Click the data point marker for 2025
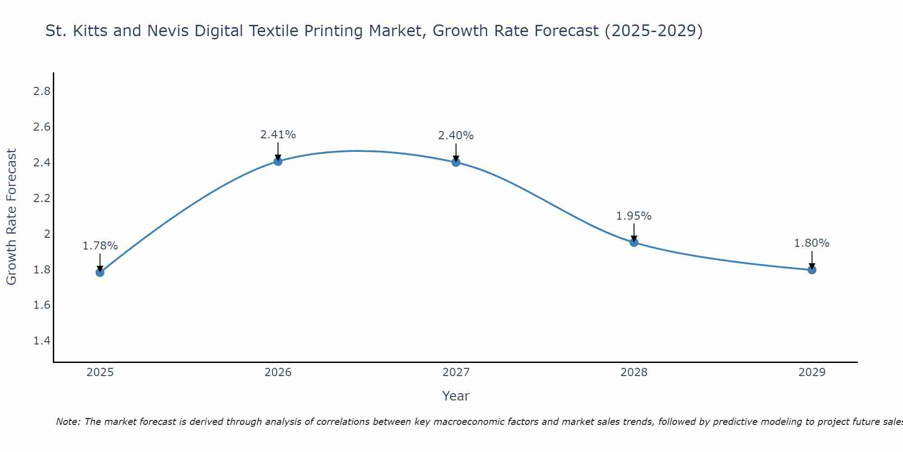(100, 272)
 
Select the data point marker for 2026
(278, 161)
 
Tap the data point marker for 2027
(456, 162)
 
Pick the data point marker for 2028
(634, 242)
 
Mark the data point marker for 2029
(812, 270)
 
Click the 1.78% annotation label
(100, 246)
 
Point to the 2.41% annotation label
(278, 135)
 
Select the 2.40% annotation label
(456, 136)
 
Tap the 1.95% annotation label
(634, 216)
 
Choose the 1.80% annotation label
(812, 243)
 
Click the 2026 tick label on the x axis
(278, 372)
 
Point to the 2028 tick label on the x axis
(634, 372)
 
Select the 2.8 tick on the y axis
(42, 91)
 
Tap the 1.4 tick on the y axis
(42, 341)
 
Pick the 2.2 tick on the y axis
(42, 198)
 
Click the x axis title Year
(456, 396)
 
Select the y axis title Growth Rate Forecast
(11, 217)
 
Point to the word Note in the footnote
(68, 422)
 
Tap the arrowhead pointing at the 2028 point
(634, 238)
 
